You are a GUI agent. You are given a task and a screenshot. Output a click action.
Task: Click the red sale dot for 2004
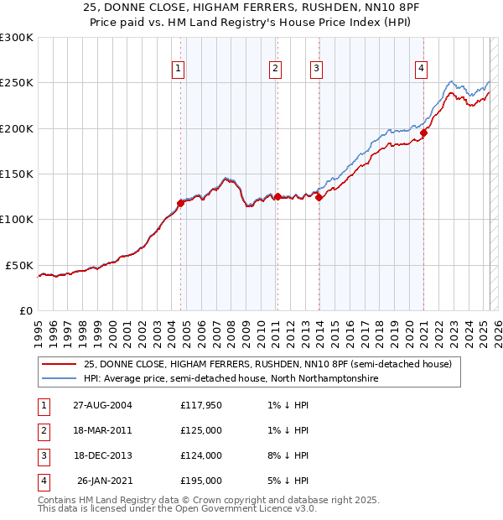(180, 202)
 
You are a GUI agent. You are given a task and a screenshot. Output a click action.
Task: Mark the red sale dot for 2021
(424, 132)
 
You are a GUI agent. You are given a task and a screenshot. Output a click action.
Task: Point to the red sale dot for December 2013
(319, 198)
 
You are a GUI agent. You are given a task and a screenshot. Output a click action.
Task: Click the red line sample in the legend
(59, 365)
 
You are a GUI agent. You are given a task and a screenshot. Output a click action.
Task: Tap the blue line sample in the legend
(59, 379)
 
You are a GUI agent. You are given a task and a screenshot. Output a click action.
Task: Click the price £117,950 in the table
(200, 405)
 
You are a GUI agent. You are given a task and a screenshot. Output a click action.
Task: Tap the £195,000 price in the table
(200, 481)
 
